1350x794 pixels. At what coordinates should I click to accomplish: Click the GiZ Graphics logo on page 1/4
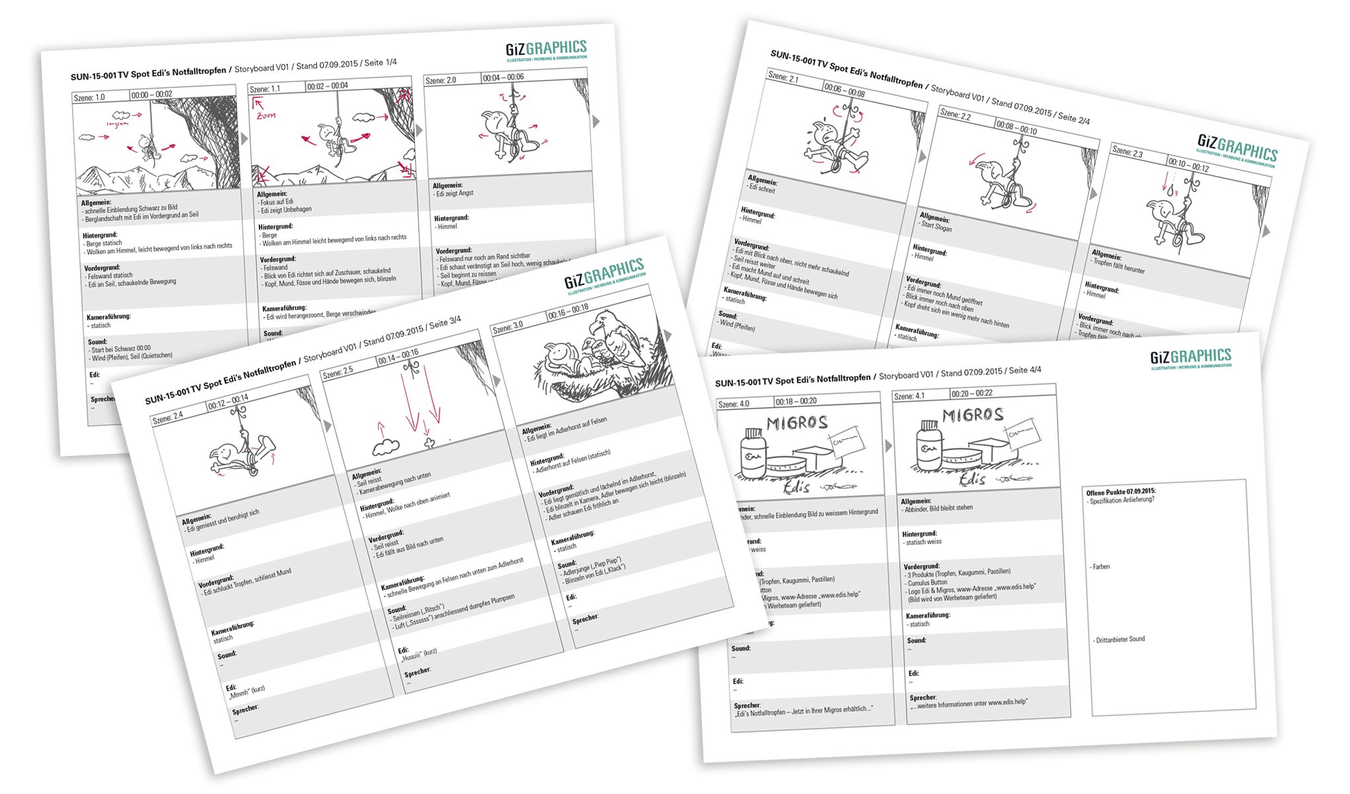point(546,50)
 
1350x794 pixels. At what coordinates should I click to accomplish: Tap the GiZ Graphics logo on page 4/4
point(1191,358)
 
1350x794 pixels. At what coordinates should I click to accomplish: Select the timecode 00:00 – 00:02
point(152,95)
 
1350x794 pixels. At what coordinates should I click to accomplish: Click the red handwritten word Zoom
point(266,116)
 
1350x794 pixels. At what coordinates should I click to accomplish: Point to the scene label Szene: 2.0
point(441,80)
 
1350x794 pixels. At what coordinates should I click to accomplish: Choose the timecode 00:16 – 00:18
point(568,312)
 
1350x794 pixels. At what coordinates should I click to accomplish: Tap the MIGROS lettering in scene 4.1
point(973,415)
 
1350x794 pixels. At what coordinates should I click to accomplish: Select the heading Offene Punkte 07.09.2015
point(1121,492)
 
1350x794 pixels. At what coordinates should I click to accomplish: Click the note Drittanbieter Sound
point(1120,640)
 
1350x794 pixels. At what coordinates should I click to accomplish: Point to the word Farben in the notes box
point(1101,567)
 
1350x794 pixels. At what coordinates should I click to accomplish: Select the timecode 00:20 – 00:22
point(971,394)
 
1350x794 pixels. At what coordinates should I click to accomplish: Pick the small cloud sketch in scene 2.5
point(385,448)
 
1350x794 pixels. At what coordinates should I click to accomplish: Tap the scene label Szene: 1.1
point(264,89)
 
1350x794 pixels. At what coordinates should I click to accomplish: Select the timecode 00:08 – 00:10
point(1016,128)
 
